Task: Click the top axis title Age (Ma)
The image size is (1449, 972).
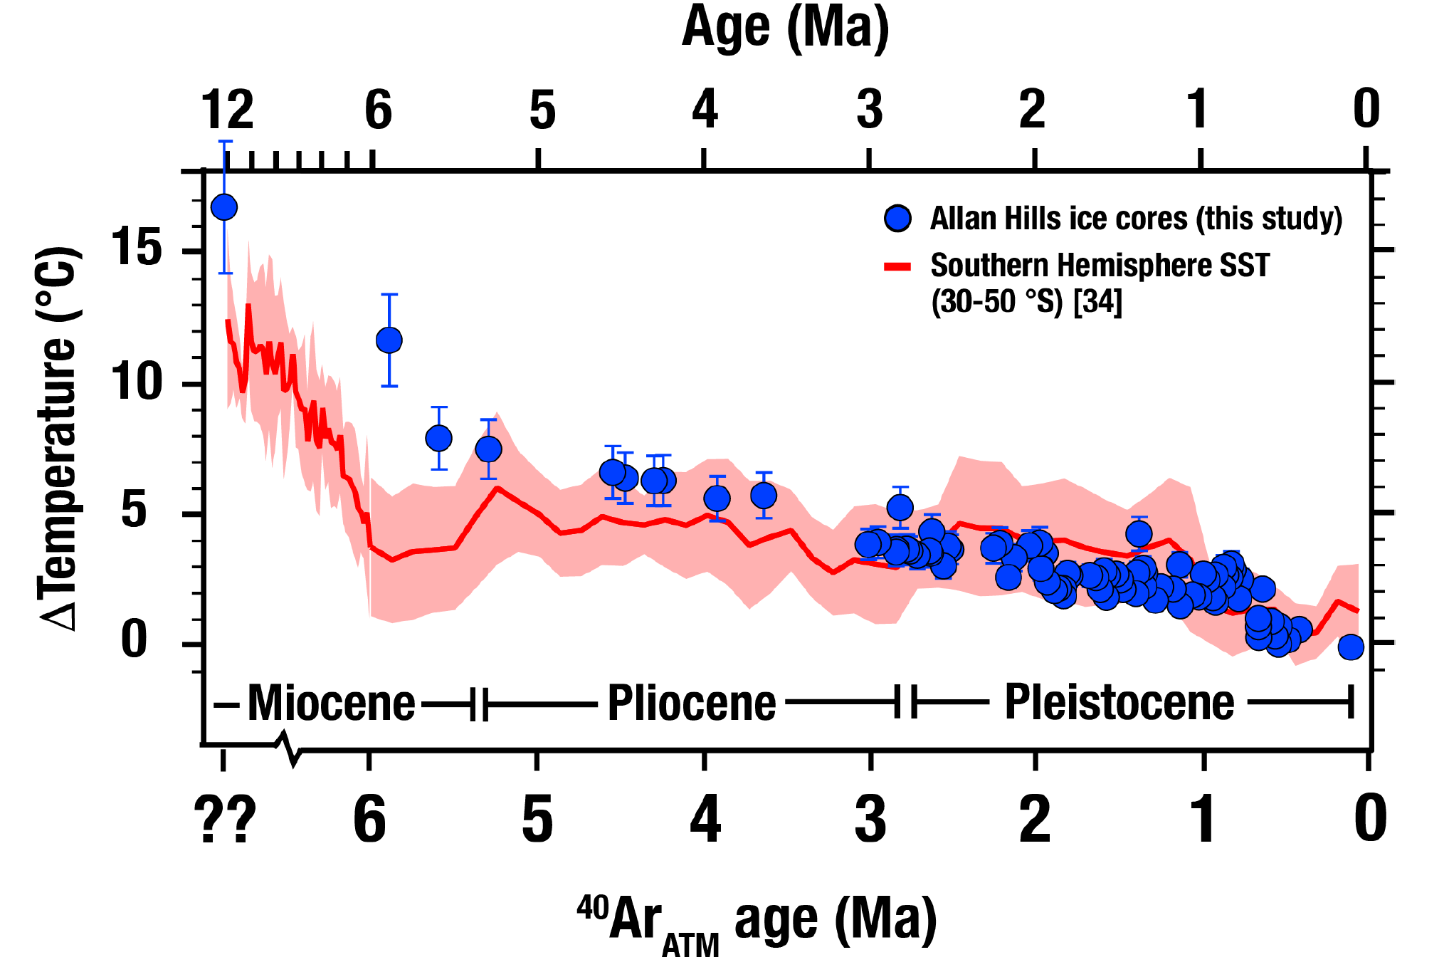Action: [x=786, y=27]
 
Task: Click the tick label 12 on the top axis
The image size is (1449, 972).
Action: [x=227, y=110]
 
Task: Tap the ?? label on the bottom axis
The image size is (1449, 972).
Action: [x=225, y=820]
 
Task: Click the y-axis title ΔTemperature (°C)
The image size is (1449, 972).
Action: [x=58, y=438]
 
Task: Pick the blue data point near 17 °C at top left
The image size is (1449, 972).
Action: [x=224, y=207]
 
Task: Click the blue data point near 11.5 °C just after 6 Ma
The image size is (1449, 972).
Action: [x=389, y=340]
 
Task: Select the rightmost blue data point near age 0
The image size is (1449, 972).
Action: [x=1350, y=647]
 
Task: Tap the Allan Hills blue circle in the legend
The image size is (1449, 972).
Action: [x=898, y=219]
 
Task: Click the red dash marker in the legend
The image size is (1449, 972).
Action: [x=897, y=267]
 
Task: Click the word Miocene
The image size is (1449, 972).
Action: [x=331, y=704]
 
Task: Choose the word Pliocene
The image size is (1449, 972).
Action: [x=691, y=704]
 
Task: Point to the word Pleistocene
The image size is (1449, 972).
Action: [x=1119, y=702]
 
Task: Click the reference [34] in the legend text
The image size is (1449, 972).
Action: [x=1097, y=301]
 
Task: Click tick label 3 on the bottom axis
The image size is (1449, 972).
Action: [x=870, y=820]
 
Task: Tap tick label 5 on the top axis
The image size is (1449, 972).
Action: [x=542, y=110]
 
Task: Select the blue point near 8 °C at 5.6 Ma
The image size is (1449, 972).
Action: [x=438, y=438]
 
